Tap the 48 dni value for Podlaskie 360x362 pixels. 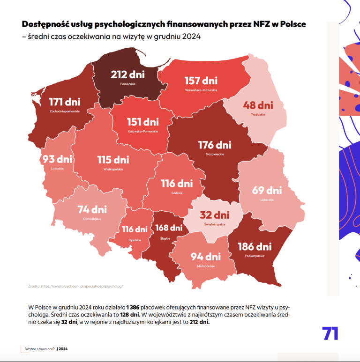(258, 105)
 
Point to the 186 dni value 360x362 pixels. (254, 246)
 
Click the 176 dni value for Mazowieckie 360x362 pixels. (214, 145)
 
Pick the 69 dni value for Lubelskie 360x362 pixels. (267, 191)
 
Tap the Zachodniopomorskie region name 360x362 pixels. (65, 111)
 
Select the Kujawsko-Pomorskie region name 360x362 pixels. (142, 131)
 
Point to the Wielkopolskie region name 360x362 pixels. (113, 169)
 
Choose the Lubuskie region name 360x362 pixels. (57, 168)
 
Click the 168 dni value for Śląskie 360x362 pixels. (169, 228)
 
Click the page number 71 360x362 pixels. (330, 333)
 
